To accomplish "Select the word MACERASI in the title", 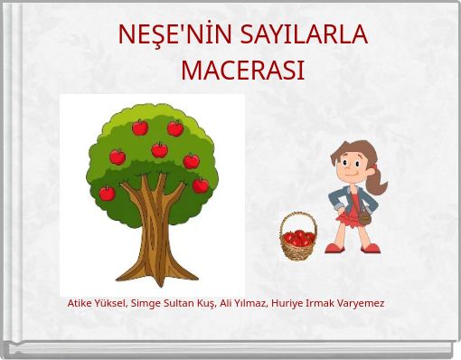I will pyautogui.click(x=242, y=70).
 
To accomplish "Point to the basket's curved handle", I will pyautogui.click(x=297, y=218).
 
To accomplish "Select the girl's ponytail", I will pyautogui.click(x=377, y=176).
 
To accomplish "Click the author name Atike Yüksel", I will pyautogui.click(x=97, y=303).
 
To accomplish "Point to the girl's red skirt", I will pyautogui.click(x=349, y=218).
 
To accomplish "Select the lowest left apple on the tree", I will pyautogui.click(x=107, y=193).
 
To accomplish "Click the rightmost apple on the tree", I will pyautogui.click(x=201, y=185).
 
